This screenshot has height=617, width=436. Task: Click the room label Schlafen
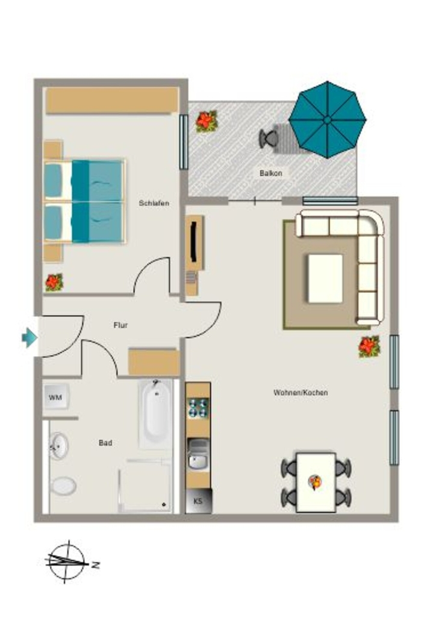pos(154,203)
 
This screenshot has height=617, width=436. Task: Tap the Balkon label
pos(270,173)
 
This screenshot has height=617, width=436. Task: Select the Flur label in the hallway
pos(120,325)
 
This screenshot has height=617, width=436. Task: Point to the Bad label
pos(105,443)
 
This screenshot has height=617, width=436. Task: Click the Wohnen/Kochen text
pos(301,392)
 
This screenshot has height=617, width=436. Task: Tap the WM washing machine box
pos(56,397)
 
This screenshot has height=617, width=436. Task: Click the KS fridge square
pos(199,501)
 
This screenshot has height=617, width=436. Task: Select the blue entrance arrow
pos(30,337)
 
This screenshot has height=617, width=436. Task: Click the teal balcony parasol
pos(328,120)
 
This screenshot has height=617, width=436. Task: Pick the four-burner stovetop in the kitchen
pos(198,408)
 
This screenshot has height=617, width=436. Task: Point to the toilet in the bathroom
pos(63,486)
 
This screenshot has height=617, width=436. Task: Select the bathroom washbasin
pos(59,446)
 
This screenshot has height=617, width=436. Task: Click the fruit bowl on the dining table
pos(315,482)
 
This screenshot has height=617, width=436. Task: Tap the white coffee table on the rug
pos(325,278)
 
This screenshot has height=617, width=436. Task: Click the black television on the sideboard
pos(193,242)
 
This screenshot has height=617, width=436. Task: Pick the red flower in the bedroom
pos(54,282)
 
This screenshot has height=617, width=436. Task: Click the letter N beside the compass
pos(95,565)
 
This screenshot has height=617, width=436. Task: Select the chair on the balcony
pos(269,138)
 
